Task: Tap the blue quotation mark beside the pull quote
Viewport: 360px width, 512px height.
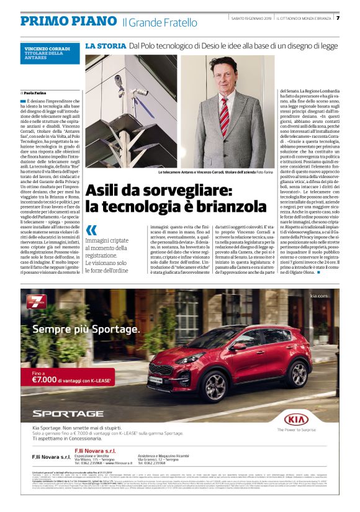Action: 91,230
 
